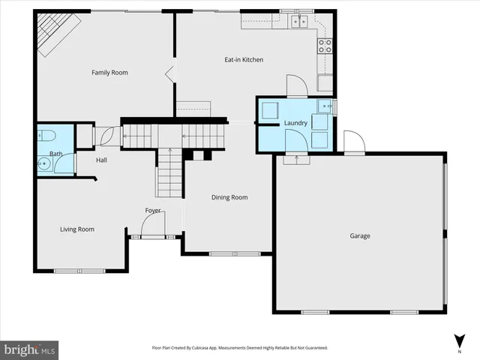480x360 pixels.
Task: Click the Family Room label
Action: pyautogui.click(x=109, y=73)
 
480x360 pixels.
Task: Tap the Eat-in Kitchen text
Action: pyautogui.click(x=244, y=60)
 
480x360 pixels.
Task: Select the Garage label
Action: pyautogui.click(x=360, y=236)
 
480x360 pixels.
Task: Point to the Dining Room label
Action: pyautogui.click(x=229, y=198)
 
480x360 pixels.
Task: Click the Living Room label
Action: pyautogui.click(x=77, y=229)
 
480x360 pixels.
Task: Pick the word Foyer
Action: pyautogui.click(x=153, y=211)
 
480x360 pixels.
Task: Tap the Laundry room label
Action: pyautogui.click(x=295, y=123)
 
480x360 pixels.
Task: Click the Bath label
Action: pyautogui.click(x=56, y=154)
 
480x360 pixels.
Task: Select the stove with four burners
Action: pyautogui.click(x=325, y=46)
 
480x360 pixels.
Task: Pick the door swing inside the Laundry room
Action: pyautogui.click(x=294, y=141)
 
